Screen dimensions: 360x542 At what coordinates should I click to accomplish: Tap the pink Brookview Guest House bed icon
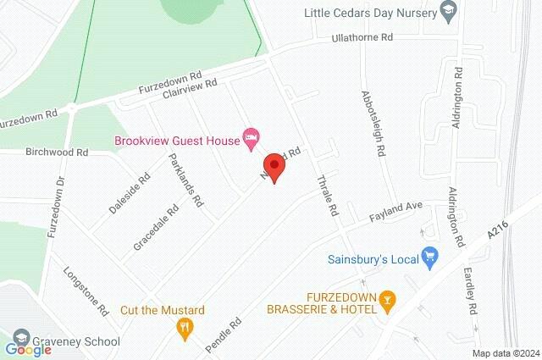[x=250, y=136]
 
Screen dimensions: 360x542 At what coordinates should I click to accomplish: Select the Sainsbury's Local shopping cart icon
[x=429, y=256]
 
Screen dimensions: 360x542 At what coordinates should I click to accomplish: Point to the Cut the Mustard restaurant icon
[x=183, y=325]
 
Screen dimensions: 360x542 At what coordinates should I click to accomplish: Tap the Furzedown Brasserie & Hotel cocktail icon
[x=388, y=298]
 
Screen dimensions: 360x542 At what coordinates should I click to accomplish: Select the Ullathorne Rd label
[x=363, y=38]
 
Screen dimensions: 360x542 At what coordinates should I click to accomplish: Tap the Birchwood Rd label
[x=57, y=152]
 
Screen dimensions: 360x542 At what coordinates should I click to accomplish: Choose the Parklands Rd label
[x=186, y=180]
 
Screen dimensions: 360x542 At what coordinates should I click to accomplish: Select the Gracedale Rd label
[x=156, y=227]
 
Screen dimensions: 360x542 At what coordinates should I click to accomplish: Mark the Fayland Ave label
[x=395, y=212]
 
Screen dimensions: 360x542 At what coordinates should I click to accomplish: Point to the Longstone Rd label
[x=87, y=292]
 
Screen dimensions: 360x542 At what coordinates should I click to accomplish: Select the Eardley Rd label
[x=471, y=287]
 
